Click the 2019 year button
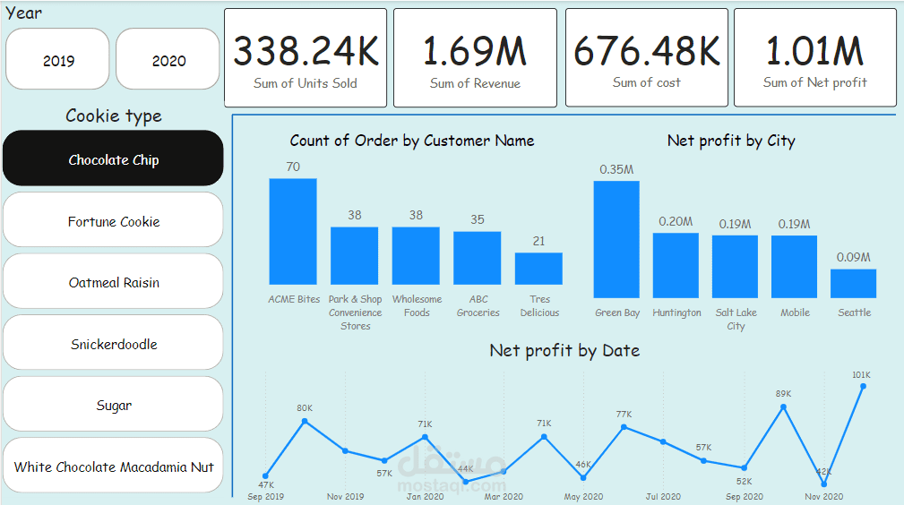tap(58, 61)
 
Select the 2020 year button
tap(168, 61)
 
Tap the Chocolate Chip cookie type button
tap(114, 160)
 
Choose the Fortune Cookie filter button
tap(114, 221)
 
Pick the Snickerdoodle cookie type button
tap(114, 344)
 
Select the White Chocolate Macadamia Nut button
tap(114, 466)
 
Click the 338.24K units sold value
tap(306, 52)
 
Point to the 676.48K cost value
tap(646, 52)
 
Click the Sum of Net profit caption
tap(814, 82)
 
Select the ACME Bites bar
tap(293, 231)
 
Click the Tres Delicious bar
tap(538, 269)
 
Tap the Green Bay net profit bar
tap(616, 239)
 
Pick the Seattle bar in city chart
tap(853, 283)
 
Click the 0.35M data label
tap(616, 169)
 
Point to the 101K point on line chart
tap(864, 386)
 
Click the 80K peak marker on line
tap(305, 420)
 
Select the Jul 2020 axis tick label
tap(663, 496)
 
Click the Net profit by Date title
tap(564, 350)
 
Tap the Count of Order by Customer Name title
tap(412, 141)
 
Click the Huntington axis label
tap(676, 312)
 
